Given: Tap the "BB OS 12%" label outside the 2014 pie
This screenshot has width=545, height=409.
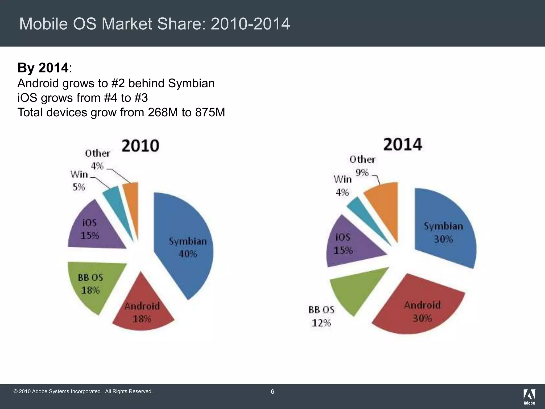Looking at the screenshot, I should pyautogui.click(x=321, y=316).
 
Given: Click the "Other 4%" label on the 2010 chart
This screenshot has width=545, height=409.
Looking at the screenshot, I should pyautogui.click(x=97, y=159).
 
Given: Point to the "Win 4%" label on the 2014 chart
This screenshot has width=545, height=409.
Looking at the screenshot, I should pyautogui.click(x=342, y=186).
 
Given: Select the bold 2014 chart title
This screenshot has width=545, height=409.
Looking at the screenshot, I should pyautogui.click(x=402, y=144).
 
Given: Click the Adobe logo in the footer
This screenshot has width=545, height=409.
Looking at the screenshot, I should pyautogui.click(x=529, y=397).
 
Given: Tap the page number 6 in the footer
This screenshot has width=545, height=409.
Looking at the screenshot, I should pyautogui.click(x=272, y=391).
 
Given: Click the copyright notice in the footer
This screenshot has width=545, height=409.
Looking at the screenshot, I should pyautogui.click(x=83, y=391).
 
